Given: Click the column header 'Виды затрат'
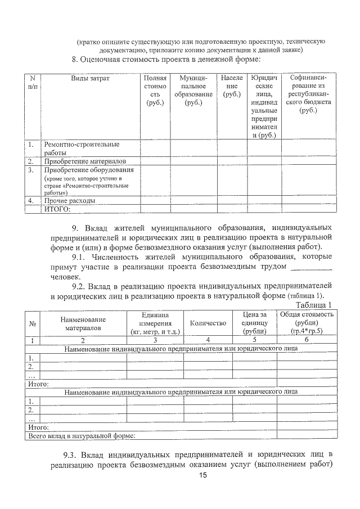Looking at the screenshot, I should (x=90, y=78).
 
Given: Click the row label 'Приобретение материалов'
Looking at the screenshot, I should (x=85, y=161).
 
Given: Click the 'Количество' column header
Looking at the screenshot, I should (x=208, y=323).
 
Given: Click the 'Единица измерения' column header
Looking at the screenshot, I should (x=155, y=323).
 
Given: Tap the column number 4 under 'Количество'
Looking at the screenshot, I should (x=208, y=340).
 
